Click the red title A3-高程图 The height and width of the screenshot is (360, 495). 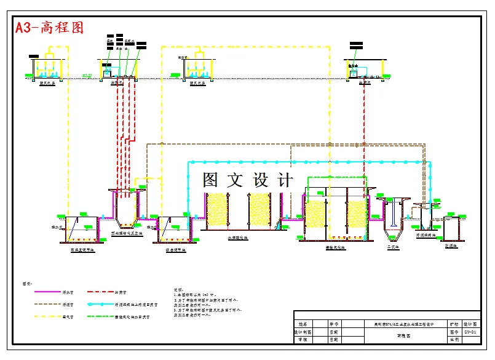pos(49,28)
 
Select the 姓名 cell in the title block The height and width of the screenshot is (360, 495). pos(301,323)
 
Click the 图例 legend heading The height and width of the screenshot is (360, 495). pos(27,284)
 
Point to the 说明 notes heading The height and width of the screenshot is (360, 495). pos(179,288)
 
